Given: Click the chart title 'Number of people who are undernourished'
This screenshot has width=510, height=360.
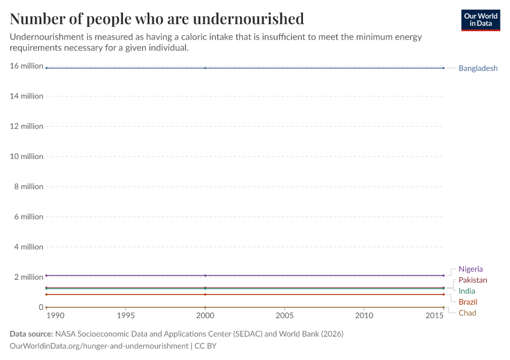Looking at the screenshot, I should [157, 19].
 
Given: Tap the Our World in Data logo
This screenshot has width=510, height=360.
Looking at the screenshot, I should [480, 20].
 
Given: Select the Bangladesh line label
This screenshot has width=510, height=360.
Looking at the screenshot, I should [478, 68].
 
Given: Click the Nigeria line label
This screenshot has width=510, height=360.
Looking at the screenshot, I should [470, 269].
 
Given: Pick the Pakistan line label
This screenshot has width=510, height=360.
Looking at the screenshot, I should [473, 280].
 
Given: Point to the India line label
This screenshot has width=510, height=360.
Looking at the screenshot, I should [467, 291].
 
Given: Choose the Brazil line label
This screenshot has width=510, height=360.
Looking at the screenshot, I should [468, 302].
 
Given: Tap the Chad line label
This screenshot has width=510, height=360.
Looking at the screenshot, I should [467, 313].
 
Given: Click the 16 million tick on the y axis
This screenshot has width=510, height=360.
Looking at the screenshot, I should [26, 66].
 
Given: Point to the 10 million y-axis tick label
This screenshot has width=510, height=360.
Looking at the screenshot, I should [26, 157].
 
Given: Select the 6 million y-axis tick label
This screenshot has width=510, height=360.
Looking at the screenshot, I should [29, 217].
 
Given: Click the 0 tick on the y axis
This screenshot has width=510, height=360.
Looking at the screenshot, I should [40, 307].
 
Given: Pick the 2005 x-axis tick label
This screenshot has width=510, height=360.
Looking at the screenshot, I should [284, 315].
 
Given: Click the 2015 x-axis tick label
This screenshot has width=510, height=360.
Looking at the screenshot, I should [434, 315].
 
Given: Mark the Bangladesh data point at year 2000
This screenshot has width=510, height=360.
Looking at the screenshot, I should [205, 68].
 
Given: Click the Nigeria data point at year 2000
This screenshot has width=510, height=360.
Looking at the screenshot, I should [205, 275].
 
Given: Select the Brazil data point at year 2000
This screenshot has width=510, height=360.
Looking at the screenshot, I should [205, 295].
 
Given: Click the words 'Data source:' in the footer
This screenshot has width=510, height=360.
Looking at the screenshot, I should [31, 334].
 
